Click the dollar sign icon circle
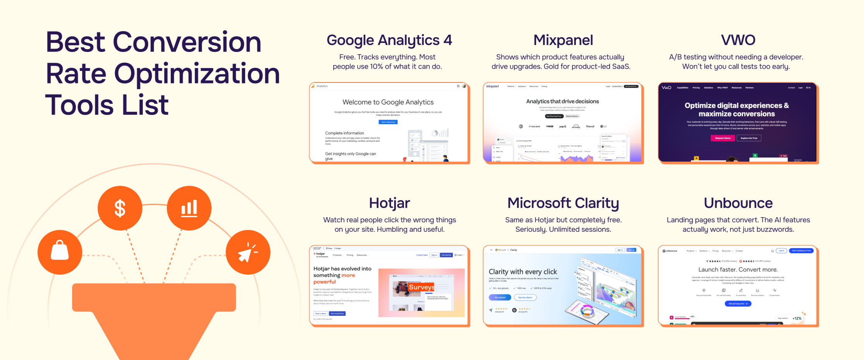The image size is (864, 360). point(120,208)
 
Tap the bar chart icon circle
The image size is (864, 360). point(189,208)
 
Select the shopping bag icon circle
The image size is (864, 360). point(60,252)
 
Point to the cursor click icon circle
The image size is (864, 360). point(248,252)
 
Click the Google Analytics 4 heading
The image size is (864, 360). point(389,40)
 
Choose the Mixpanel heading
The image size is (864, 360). point(563,40)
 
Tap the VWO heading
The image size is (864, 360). point(738,40)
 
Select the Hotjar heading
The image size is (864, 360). point(389,203)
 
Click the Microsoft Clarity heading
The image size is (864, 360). point(563,203)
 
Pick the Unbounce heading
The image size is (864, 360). point(738,203)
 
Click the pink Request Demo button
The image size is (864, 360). point(722,138)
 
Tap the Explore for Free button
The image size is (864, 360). point(749,138)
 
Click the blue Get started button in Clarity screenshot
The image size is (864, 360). point(500,297)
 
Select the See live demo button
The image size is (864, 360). point(525,297)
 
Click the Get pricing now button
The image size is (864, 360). point(738,304)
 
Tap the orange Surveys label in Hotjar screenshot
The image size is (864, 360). point(421,287)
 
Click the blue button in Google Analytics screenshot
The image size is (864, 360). point(388,122)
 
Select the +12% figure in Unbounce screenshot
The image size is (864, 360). point(797,319)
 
